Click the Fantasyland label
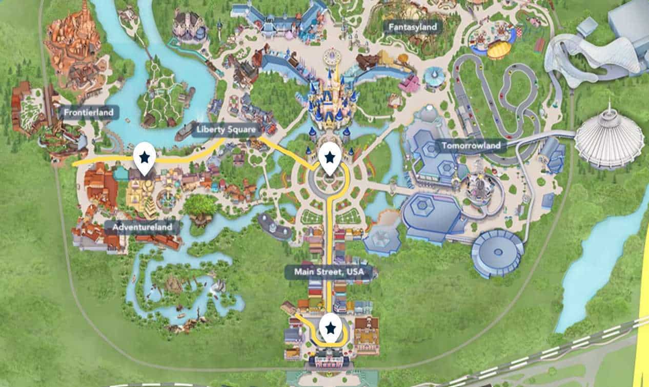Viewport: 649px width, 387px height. click(413, 27)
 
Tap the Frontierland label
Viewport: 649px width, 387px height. click(88, 112)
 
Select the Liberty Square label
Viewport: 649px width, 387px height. click(226, 130)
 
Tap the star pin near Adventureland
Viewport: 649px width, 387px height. click(144, 158)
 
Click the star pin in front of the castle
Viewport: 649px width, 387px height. click(330, 158)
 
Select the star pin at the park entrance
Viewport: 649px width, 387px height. click(331, 327)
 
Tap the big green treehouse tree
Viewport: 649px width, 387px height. click(200, 206)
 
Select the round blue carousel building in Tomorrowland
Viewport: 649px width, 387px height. click(497, 253)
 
